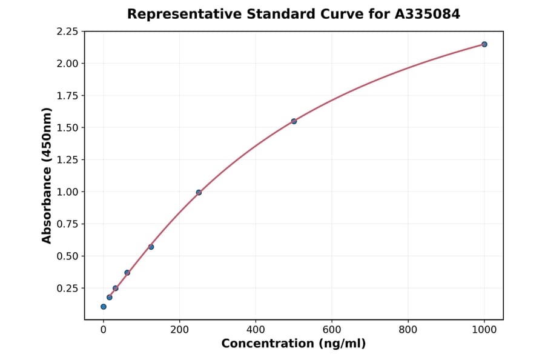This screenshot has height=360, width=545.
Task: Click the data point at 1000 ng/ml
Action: (484, 44)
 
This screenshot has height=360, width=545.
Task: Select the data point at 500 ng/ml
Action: (294, 121)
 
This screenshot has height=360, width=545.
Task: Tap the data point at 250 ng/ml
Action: (199, 192)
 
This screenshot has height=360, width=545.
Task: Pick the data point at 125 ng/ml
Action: (151, 247)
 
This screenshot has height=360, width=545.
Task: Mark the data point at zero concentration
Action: (104, 307)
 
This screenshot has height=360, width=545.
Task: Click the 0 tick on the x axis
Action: (104, 329)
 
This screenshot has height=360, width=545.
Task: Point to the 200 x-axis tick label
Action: (179, 329)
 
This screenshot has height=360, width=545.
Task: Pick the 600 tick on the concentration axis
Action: (332, 329)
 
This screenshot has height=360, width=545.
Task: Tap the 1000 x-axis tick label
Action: (484, 329)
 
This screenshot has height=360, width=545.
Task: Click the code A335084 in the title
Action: (428, 14)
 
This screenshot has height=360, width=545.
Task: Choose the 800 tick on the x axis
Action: (408, 329)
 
